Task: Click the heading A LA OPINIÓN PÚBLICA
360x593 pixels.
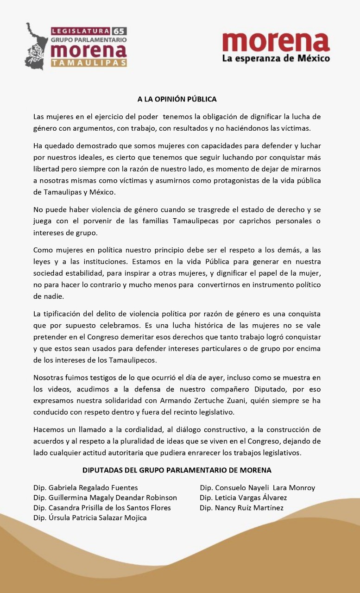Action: (x=177, y=99)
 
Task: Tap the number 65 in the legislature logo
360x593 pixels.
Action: (x=119, y=32)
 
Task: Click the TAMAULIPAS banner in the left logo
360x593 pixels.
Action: (x=89, y=63)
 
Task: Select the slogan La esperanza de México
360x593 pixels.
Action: (x=276, y=58)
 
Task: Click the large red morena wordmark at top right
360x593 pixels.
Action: (x=276, y=42)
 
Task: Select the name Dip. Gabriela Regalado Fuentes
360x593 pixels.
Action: (x=86, y=488)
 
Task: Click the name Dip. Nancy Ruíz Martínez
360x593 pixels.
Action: (x=242, y=508)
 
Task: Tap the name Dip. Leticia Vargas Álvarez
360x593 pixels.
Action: (x=243, y=498)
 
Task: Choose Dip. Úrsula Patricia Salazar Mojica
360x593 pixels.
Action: (x=90, y=518)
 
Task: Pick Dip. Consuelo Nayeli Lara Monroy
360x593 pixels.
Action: (x=258, y=488)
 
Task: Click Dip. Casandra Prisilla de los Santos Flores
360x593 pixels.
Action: (x=102, y=508)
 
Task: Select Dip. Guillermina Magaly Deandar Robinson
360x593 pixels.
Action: (x=105, y=498)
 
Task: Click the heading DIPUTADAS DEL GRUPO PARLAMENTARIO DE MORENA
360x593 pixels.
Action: (x=177, y=470)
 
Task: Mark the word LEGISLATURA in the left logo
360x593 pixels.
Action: (x=81, y=32)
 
